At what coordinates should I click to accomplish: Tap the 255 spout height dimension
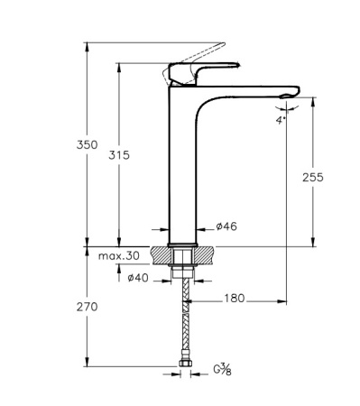tap(313, 178)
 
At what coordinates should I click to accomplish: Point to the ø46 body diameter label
tap(227, 226)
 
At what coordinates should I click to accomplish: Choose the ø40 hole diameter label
tap(137, 277)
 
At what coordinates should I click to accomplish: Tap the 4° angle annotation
tap(282, 118)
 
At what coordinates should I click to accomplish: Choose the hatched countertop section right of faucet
tap(206, 254)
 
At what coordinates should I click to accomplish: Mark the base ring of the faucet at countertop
tap(184, 242)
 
